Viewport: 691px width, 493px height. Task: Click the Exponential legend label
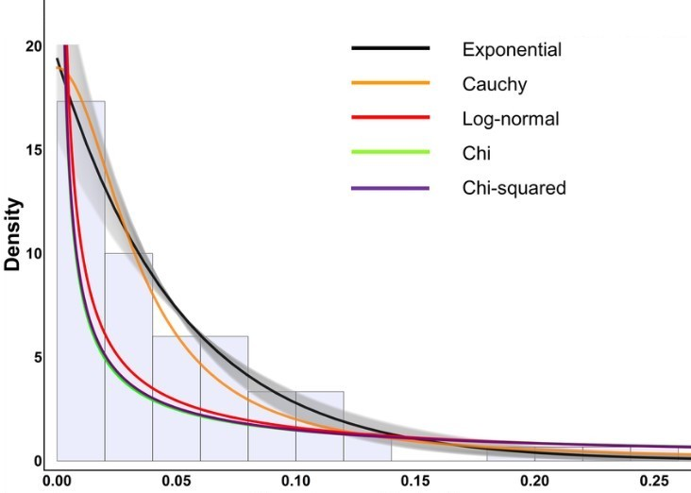(x=512, y=49)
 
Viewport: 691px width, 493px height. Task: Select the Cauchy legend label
(x=495, y=85)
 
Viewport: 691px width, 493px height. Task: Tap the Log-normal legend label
(x=511, y=120)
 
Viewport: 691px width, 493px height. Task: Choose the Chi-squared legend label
(x=514, y=188)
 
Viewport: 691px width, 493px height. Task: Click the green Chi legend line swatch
(x=391, y=153)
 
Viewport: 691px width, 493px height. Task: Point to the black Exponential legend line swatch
(x=391, y=48)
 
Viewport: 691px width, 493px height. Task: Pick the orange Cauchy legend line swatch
(x=391, y=84)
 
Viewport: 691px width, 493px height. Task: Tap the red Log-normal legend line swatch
(x=391, y=119)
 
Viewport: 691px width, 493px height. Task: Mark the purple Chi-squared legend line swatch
(x=391, y=188)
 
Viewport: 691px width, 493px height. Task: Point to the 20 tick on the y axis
(x=34, y=46)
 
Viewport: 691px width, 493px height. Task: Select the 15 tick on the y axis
(x=34, y=150)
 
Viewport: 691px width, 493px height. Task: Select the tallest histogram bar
(x=80, y=283)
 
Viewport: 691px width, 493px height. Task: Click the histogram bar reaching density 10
(x=128, y=359)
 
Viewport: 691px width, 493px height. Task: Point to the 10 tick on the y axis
(x=34, y=253)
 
